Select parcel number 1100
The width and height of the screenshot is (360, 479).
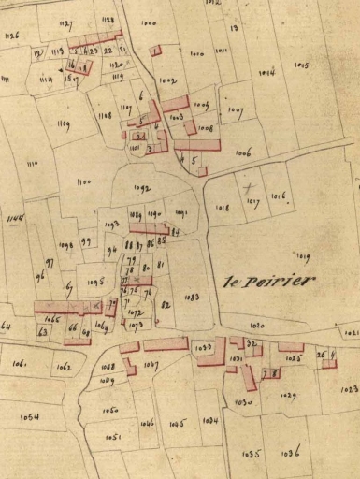pyautogui.click(x=83, y=181)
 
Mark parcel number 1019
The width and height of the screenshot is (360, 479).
pyautogui.click(x=301, y=255)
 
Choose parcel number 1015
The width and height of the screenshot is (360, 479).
pyautogui.click(x=301, y=65)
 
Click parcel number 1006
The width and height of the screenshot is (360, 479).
pyautogui.click(x=243, y=152)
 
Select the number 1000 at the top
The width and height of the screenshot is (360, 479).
pyautogui.click(x=149, y=22)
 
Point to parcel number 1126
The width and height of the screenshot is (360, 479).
pyautogui.click(x=13, y=35)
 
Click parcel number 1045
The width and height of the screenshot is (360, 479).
pyautogui.click(x=176, y=424)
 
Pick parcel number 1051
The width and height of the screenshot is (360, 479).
pyautogui.click(x=113, y=436)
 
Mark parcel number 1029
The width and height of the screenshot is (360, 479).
pyautogui.click(x=288, y=397)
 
